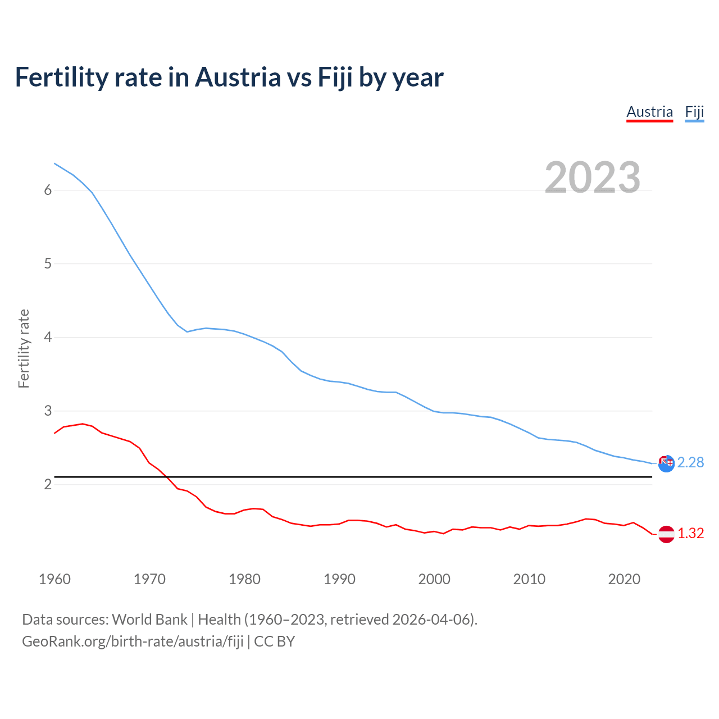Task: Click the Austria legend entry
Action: tap(649, 112)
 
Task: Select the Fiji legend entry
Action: tap(694, 112)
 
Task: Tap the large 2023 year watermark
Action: tap(592, 178)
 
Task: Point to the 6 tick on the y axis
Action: tap(48, 190)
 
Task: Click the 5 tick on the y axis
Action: tap(48, 263)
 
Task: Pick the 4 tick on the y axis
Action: tap(48, 337)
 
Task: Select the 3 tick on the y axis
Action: tap(48, 411)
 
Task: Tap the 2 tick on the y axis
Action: tap(48, 484)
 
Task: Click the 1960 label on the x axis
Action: tap(54, 579)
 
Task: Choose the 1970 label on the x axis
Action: tap(149, 579)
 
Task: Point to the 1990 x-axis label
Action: tap(339, 579)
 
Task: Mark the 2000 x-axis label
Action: tap(434, 579)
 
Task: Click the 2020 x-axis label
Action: tap(624, 579)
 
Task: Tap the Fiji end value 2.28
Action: tap(690, 462)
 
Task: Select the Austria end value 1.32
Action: tap(690, 533)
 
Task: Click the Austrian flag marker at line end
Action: tap(666, 534)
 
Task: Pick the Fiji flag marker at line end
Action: tap(666, 463)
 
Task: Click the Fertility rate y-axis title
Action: tap(24, 348)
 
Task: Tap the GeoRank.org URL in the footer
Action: tap(133, 641)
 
